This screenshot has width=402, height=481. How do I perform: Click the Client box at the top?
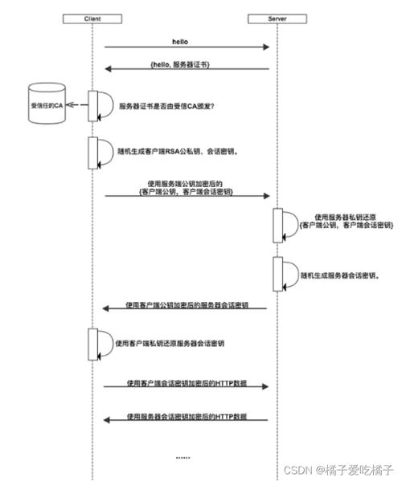(92, 18)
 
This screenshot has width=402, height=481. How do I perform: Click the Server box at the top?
(277, 18)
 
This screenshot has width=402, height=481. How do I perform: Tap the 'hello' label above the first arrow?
(180, 42)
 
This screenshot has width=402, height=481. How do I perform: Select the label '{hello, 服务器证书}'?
(180, 65)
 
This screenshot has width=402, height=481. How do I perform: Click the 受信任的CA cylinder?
(47, 104)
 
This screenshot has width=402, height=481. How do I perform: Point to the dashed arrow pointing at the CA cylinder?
(77, 105)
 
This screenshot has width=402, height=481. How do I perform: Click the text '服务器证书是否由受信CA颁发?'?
(166, 106)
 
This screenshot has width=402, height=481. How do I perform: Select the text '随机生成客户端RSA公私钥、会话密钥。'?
(178, 151)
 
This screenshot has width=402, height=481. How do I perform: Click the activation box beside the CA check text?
(92, 106)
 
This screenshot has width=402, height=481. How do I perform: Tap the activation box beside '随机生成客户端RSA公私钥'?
(92, 153)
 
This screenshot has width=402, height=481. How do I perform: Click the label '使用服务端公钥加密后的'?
(185, 184)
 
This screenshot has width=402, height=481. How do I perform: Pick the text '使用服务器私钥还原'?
(345, 217)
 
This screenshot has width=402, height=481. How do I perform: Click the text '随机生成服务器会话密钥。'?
(339, 275)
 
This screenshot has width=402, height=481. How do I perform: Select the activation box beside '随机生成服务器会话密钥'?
(278, 274)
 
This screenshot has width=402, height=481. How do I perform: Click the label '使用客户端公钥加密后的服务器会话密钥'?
(187, 305)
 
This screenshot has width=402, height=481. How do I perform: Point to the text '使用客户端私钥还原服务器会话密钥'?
(170, 343)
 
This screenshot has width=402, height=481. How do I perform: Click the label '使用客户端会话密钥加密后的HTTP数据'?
(187, 383)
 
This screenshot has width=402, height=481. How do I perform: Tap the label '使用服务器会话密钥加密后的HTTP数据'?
(187, 417)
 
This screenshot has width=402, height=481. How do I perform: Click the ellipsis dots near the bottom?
(183, 458)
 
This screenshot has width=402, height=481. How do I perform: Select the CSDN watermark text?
(338, 470)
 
